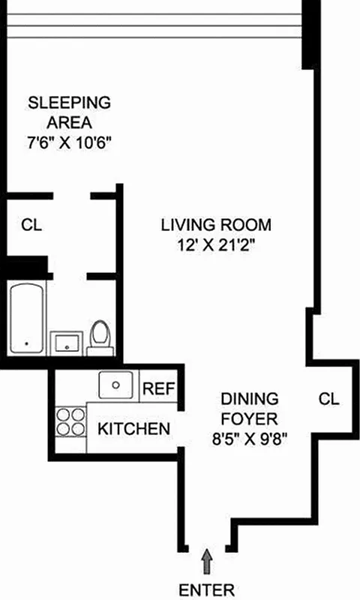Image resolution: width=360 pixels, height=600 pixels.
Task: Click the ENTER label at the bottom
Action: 206,589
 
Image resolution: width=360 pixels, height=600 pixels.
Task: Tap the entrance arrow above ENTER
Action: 206,559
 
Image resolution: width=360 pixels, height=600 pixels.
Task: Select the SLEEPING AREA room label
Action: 69,112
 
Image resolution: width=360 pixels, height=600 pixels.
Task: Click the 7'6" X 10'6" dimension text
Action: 69,143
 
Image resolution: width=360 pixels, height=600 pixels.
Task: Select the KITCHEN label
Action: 133,429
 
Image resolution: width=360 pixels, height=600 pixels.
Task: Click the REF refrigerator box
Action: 158,388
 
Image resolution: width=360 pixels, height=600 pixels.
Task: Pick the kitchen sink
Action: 117,385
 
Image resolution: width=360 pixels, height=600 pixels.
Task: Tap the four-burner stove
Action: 70,421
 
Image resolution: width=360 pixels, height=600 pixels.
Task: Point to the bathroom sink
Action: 67,343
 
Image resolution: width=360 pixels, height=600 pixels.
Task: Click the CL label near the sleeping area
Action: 31,224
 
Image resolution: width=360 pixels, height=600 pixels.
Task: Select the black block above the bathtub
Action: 27,267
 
